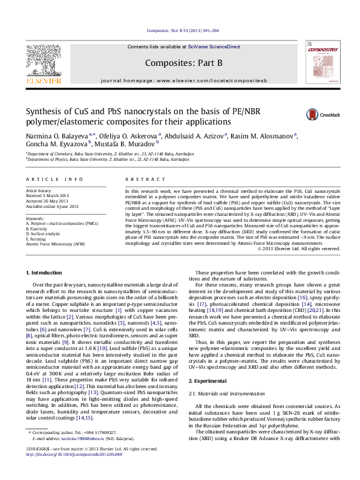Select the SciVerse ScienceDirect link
tap(214, 47)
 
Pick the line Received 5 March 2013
tap(51, 196)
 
